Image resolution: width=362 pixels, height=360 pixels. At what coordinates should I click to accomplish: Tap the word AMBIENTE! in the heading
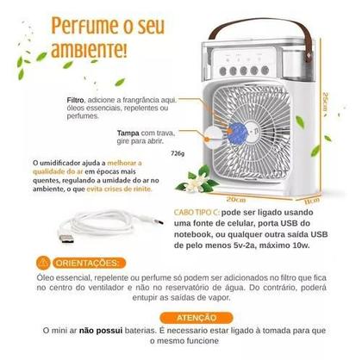pyautogui.click(x=86, y=44)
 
